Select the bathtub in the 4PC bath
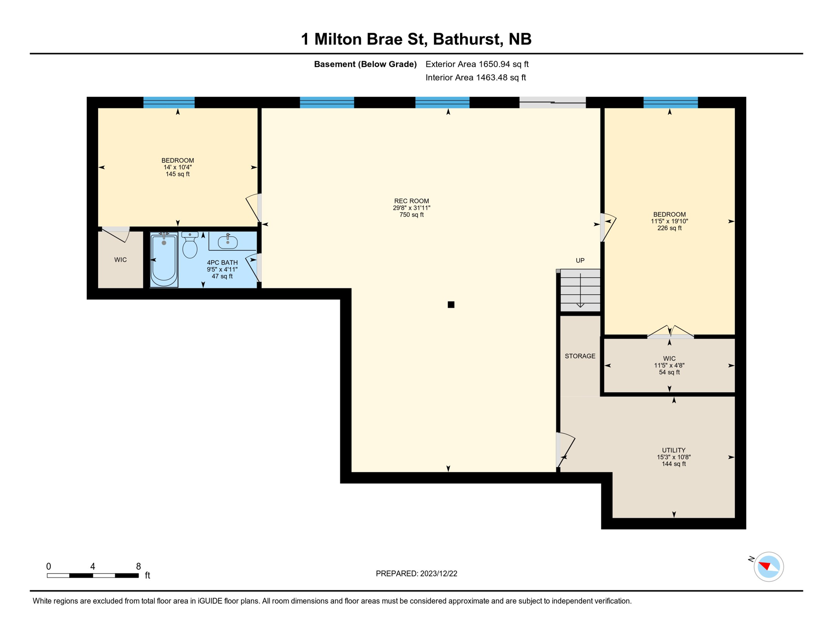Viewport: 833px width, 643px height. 164,260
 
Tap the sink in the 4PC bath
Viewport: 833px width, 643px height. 228,242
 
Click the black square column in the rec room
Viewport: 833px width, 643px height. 451,305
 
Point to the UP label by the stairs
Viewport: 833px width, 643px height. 580,260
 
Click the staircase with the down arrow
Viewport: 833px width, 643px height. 580,291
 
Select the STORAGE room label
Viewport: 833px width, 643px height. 580,356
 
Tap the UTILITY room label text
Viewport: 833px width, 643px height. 673,450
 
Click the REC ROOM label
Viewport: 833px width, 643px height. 411,201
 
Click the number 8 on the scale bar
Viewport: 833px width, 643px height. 138,566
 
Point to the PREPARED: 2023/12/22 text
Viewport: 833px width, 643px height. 416,574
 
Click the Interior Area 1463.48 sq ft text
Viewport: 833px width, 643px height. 476,77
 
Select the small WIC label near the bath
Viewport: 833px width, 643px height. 120,260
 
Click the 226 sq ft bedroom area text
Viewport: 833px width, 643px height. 669,228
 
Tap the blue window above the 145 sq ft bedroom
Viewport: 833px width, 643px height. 169,103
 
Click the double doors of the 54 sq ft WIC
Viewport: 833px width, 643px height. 670,333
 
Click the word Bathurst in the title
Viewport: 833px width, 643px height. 467,39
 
